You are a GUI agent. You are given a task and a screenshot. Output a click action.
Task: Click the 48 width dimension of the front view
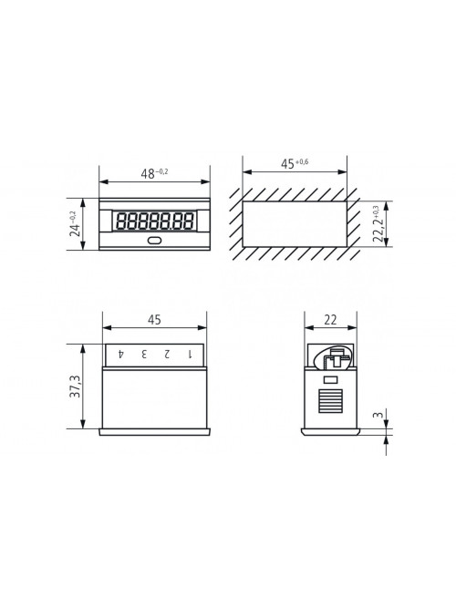click(x=154, y=173)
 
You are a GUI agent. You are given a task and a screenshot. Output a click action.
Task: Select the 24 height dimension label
click(x=75, y=224)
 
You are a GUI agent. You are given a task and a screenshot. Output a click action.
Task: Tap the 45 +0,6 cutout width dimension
click(x=295, y=164)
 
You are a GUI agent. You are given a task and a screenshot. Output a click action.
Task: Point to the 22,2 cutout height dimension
click(x=378, y=223)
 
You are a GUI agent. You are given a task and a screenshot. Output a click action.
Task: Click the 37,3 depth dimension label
click(x=75, y=386)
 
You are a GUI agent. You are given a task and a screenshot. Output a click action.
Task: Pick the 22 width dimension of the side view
click(x=330, y=320)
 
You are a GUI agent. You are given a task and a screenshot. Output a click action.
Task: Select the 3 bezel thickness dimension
click(x=378, y=415)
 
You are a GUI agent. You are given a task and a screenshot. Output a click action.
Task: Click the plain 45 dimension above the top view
click(x=154, y=320)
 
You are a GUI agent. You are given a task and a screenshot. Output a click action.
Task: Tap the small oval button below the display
click(x=154, y=241)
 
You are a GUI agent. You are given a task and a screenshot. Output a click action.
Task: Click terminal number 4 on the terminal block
click(x=121, y=354)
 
